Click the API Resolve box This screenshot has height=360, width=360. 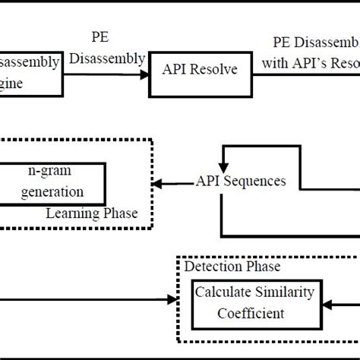coord(198,71)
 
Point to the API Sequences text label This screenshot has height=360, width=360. coord(241,181)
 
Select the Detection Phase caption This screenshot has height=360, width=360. coord(232,267)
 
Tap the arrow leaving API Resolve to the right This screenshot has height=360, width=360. coord(266,73)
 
